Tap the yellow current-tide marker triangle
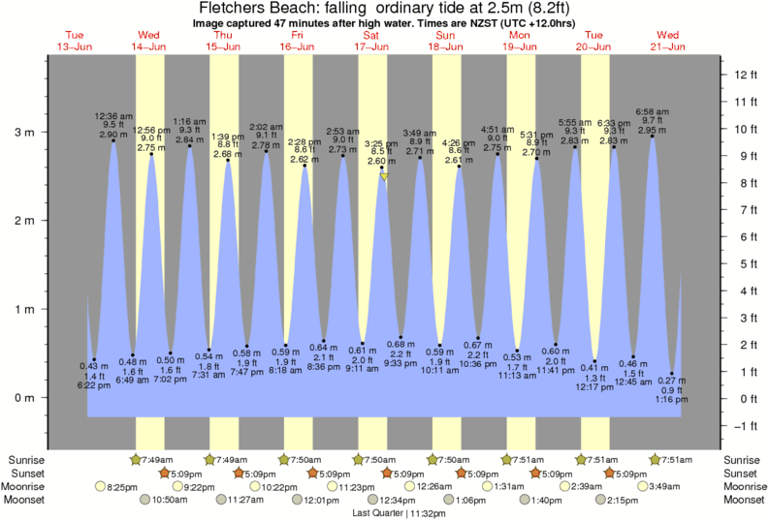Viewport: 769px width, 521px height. click(385, 177)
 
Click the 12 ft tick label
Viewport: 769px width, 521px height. click(745, 75)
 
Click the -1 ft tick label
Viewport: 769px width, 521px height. click(745, 426)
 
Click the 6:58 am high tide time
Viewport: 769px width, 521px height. click(652, 111)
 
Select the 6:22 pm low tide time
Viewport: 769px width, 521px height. click(94, 385)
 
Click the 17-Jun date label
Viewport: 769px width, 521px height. click(371, 46)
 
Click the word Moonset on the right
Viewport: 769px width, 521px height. click(743, 500)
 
